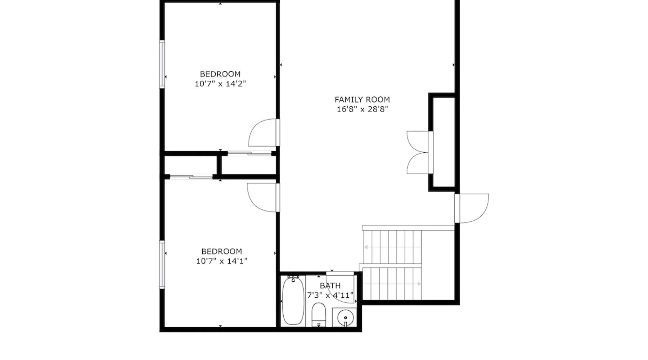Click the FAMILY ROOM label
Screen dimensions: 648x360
tap(362, 100)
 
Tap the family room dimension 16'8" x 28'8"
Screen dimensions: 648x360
tap(362, 109)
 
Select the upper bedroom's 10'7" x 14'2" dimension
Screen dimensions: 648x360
tap(220, 84)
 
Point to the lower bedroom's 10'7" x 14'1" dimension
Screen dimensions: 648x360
tap(221, 261)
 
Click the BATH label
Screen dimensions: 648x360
tap(330, 286)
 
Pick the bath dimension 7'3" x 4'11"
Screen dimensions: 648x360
tap(330, 296)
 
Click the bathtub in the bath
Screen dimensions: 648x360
tap(293, 301)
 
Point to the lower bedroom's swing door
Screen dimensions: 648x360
tap(263, 198)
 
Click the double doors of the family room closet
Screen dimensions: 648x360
tap(420, 153)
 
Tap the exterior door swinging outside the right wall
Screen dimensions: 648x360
tap(472, 208)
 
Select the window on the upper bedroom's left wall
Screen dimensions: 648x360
tap(162, 64)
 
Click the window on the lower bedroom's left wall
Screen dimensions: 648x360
tap(162, 265)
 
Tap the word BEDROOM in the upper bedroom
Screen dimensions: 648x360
tap(220, 74)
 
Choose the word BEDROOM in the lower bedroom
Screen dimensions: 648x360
tap(221, 251)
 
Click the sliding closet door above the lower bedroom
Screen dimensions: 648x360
tap(191, 176)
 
